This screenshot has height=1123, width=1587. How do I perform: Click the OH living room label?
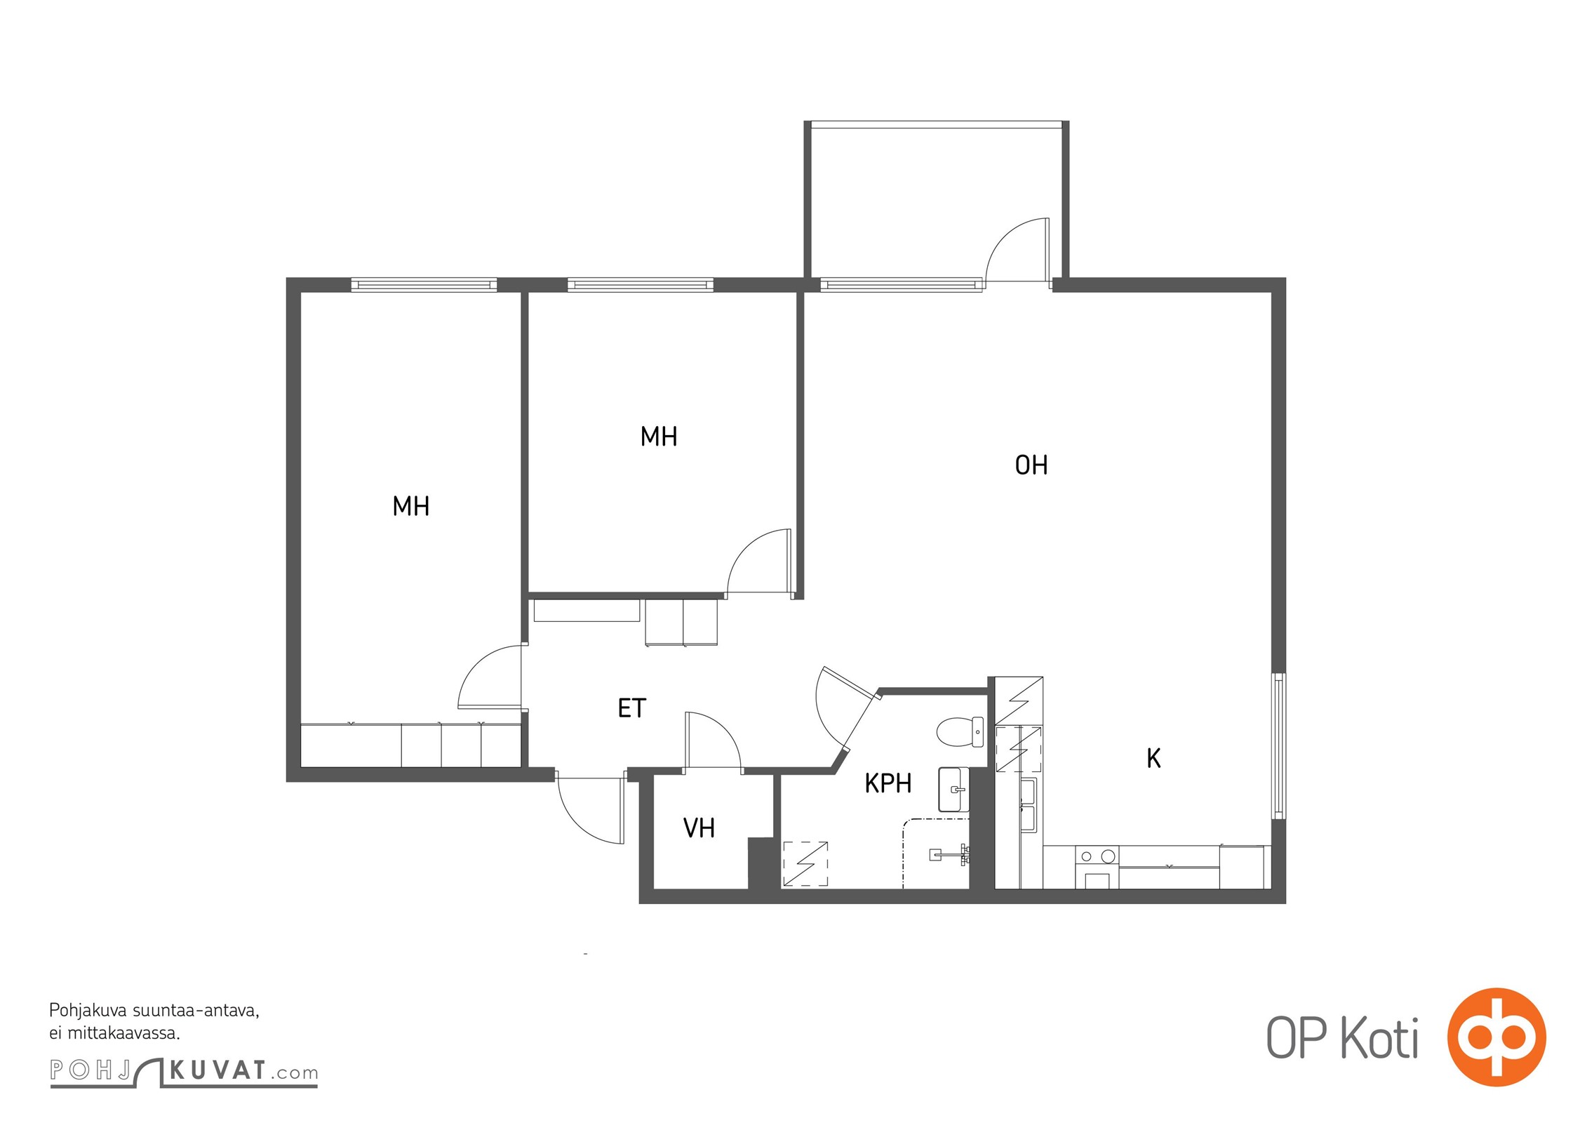click(1031, 465)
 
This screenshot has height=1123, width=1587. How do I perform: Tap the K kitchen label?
click(1153, 759)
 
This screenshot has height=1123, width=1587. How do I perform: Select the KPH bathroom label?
click(888, 783)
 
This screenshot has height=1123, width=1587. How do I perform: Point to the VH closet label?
click(699, 829)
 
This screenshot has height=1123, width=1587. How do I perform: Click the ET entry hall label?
click(631, 709)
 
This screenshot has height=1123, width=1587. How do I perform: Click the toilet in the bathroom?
click(960, 731)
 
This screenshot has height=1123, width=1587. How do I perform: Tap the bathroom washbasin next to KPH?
click(953, 790)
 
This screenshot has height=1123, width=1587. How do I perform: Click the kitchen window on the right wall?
click(1279, 746)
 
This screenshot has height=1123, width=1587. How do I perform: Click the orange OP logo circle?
click(1496, 1037)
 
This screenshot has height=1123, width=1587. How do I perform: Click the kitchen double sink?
click(1028, 804)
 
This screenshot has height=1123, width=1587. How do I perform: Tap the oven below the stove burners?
click(1097, 879)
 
